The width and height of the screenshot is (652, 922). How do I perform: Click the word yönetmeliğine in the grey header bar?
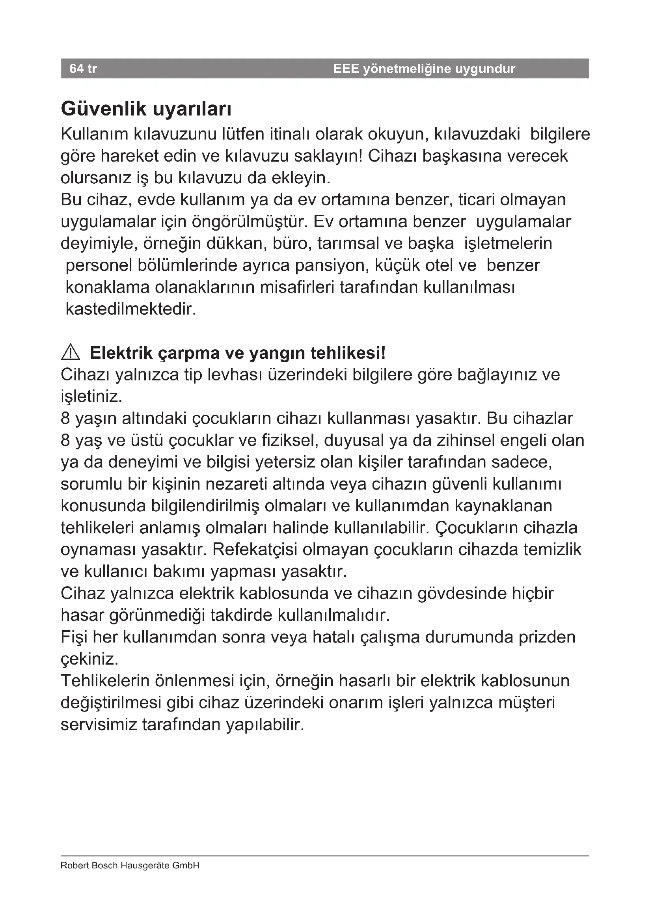[407, 69]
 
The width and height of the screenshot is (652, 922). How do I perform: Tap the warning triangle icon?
[71, 352]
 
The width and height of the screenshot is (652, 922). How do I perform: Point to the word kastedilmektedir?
[131, 309]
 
